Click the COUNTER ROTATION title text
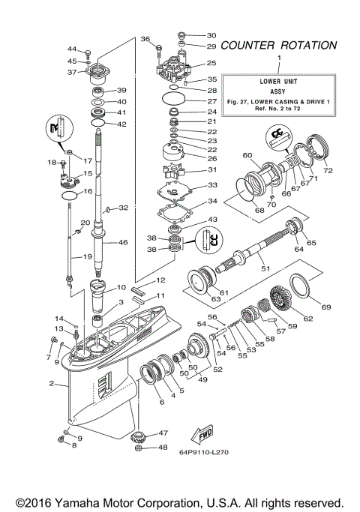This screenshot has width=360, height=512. [x=279, y=45]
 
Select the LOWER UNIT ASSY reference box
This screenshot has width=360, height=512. [x=279, y=94]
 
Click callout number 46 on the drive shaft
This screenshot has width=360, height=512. [x=122, y=243]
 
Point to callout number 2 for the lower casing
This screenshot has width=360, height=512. [x=52, y=385]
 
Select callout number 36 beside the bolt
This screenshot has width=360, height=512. [x=145, y=39]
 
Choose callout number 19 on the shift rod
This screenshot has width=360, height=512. [x=87, y=256]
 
